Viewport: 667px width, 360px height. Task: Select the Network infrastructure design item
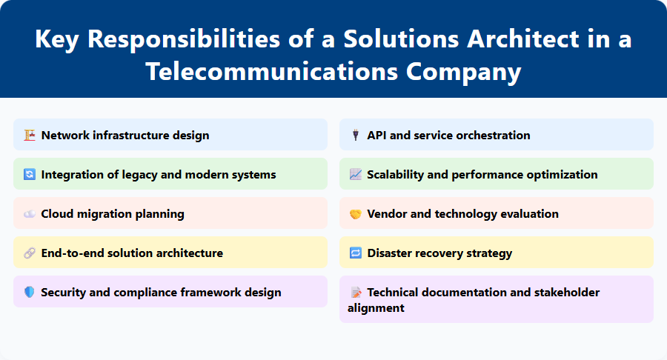click(125, 135)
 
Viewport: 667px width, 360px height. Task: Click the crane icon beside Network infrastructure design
click(30, 135)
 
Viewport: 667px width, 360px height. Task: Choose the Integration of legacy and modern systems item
click(158, 175)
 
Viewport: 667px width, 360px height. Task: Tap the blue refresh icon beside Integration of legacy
click(30, 175)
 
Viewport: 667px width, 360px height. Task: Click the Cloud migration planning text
click(113, 214)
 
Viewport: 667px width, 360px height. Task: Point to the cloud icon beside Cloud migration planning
click(30, 214)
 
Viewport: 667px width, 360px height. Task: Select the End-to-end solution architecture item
click(132, 253)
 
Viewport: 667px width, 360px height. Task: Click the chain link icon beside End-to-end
click(30, 253)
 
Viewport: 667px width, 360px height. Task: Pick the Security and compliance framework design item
click(161, 293)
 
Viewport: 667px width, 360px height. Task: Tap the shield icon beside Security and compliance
click(30, 293)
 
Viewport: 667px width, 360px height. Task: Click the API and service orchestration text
click(448, 135)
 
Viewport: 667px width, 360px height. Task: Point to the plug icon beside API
click(355, 135)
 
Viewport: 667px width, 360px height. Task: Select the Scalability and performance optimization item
click(482, 175)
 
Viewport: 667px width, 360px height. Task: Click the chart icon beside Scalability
click(355, 175)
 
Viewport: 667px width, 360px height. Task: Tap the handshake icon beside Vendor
click(355, 214)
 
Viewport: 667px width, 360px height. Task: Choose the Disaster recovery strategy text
click(439, 253)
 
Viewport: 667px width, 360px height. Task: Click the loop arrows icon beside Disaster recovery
click(355, 253)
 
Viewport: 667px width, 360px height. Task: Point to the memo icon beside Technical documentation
click(355, 293)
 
